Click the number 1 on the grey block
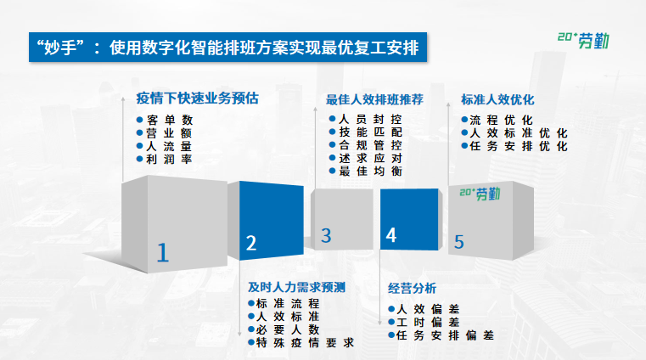(164, 252)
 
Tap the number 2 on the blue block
(251, 244)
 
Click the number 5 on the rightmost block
(459, 242)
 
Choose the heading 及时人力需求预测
(296, 286)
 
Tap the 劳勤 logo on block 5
(481, 194)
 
